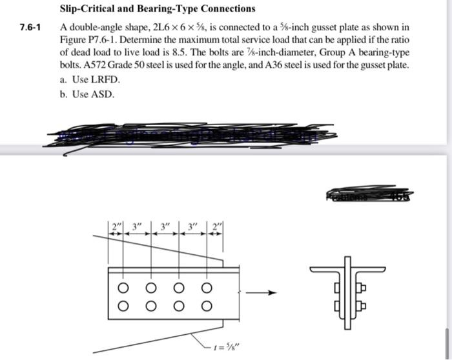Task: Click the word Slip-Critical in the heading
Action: click(87, 9)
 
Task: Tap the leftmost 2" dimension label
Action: click(116, 226)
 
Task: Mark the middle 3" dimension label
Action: click(167, 226)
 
